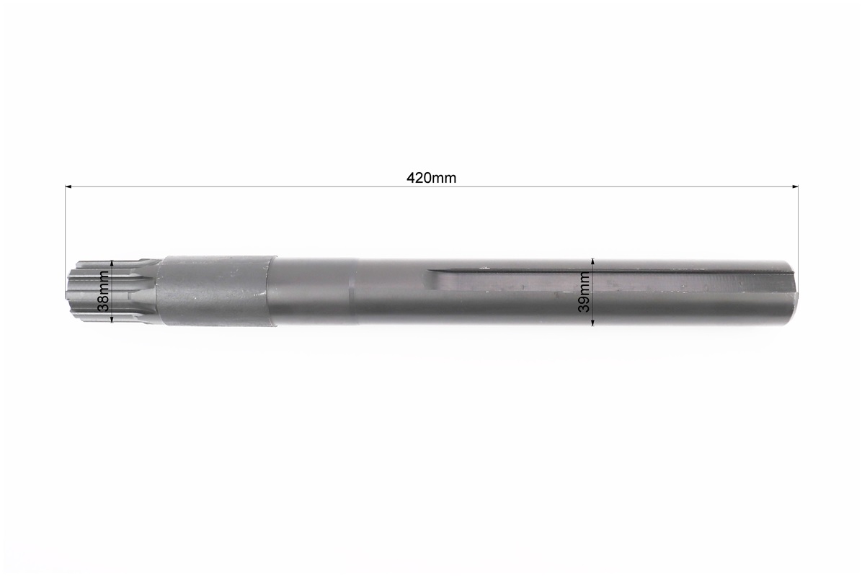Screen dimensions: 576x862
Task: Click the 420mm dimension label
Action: pyautogui.click(x=431, y=178)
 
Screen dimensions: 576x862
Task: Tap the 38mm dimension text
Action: pyautogui.click(x=104, y=290)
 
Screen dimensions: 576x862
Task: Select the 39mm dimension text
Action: pyautogui.click(x=584, y=292)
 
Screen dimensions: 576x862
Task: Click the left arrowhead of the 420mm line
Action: pyautogui.click(x=68, y=187)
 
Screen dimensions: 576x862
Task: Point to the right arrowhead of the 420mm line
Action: pyautogui.click(x=795, y=187)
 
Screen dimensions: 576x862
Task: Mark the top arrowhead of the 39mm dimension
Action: pyautogui.click(x=592, y=261)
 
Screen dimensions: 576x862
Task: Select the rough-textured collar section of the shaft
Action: pyautogui.click(x=216, y=291)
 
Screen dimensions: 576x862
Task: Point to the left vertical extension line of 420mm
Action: pyautogui.click(x=66, y=223)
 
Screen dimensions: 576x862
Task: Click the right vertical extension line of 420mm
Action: pyautogui.click(x=798, y=223)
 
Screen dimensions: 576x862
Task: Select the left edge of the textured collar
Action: pyautogui.click(x=160, y=291)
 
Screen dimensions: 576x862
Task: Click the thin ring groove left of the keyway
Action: pyautogui.click(x=351, y=291)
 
